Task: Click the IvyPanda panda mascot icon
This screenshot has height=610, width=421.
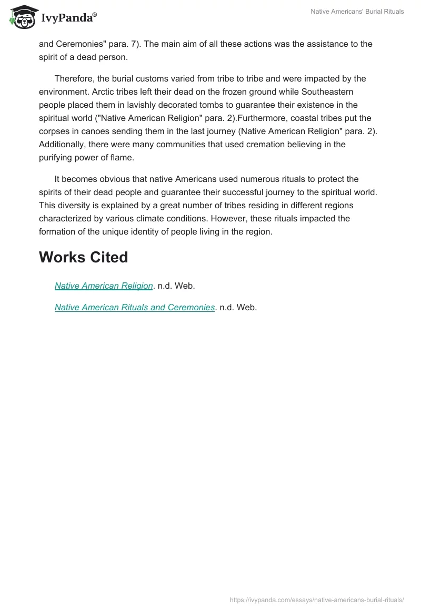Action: coord(22,17)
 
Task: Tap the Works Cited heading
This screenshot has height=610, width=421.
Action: coord(84,257)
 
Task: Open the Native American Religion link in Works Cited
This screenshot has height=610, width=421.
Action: coord(104,286)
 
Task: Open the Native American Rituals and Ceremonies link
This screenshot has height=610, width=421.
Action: coord(135,307)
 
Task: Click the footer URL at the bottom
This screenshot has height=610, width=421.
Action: coord(317,599)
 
